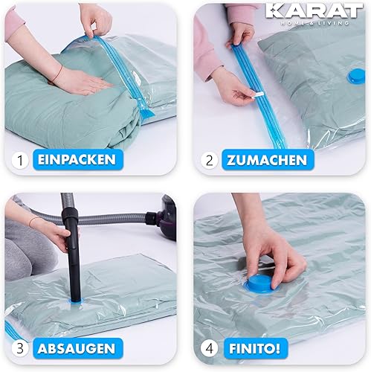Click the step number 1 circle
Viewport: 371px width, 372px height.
click(20, 160)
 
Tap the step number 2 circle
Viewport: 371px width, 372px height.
click(209, 160)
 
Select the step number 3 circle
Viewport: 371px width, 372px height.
click(20, 348)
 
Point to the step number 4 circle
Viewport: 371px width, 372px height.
click(209, 348)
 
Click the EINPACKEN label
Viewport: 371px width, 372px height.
click(77, 159)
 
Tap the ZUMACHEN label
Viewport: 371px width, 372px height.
click(267, 160)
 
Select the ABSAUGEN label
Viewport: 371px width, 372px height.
click(77, 348)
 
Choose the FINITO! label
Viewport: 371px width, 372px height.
click(254, 348)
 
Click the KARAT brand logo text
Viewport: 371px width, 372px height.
click(314, 11)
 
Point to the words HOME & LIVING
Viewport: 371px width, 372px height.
click(314, 23)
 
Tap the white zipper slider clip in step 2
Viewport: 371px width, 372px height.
click(257, 95)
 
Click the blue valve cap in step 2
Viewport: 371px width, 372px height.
click(356, 77)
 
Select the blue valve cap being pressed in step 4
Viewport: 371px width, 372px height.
click(262, 284)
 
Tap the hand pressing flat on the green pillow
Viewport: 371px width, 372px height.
click(82, 80)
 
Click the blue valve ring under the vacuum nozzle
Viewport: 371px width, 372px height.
click(75, 302)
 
